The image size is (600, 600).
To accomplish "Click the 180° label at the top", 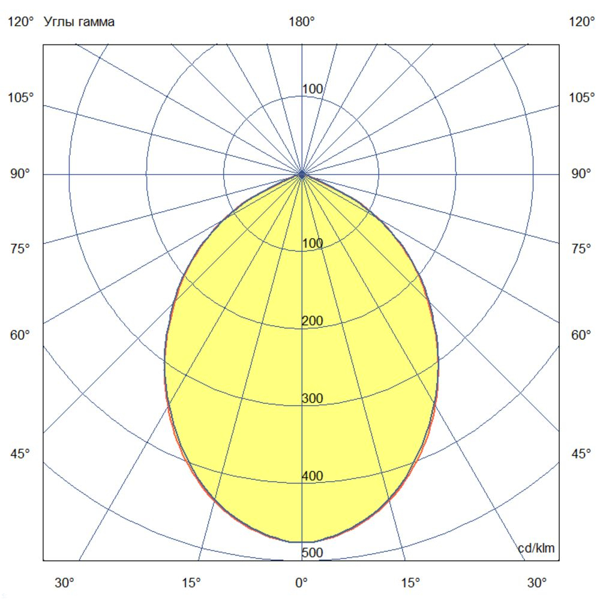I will (302, 22).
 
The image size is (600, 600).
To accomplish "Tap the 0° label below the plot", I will (301, 582).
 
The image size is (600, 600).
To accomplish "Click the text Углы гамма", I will (79, 22).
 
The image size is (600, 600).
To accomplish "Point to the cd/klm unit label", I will (536, 548).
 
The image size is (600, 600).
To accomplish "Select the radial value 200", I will (312, 321).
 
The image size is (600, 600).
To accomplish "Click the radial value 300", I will (312, 398).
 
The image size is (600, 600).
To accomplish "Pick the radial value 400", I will (312, 476).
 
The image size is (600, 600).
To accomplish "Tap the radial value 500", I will (312, 553).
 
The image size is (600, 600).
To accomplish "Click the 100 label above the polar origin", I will (312, 89).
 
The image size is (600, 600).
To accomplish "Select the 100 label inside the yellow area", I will (312, 244).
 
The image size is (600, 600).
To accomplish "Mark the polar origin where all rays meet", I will (302, 174).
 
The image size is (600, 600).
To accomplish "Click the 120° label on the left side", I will (21, 22).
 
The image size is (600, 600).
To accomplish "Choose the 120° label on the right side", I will (581, 22).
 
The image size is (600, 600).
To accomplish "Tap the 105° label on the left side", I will (21, 97).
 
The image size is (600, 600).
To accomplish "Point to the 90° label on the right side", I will (581, 174).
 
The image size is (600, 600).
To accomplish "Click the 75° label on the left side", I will (21, 248).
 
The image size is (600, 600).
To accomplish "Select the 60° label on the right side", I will (581, 335).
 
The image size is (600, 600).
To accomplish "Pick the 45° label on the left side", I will (21, 454).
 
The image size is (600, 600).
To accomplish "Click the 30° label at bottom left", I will (65, 582).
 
